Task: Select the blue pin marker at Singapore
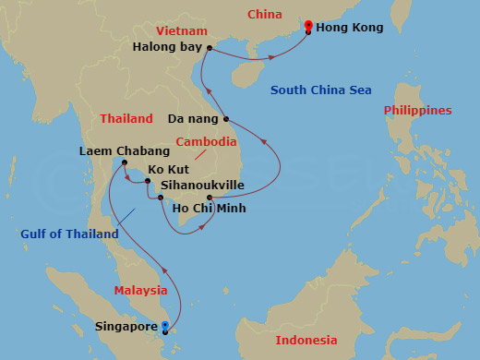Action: (165, 326)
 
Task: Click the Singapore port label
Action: (126, 327)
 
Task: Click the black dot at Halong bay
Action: (210, 48)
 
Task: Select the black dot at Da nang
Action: (225, 119)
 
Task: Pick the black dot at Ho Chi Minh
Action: (210, 198)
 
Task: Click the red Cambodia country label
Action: (207, 143)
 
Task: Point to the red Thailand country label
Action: (126, 119)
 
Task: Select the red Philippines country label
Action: (418, 110)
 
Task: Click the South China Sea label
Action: (320, 90)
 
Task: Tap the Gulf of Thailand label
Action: (69, 234)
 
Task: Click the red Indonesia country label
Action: (306, 341)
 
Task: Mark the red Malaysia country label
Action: (140, 290)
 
